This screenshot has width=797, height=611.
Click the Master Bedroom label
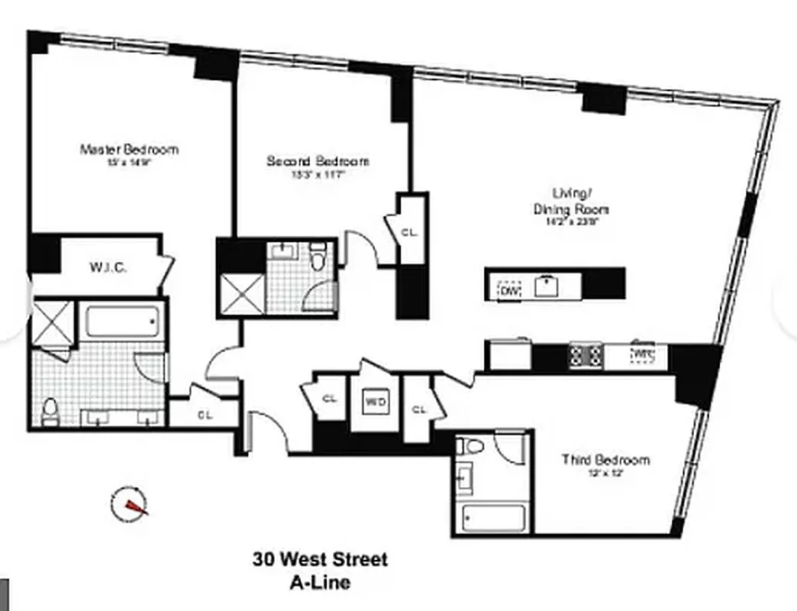click(x=129, y=149)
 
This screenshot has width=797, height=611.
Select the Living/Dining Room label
click(x=581, y=202)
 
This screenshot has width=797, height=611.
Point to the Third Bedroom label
click(x=605, y=459)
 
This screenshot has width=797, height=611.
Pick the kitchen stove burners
click(x=586, y=355)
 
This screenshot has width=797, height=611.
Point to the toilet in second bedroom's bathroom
click(x=319, y=257)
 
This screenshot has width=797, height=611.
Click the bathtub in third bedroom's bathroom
click(x=492, y=519)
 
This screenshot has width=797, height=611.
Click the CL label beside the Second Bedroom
click(x=410, y=233)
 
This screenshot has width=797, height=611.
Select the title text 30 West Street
click(x=320, y=559)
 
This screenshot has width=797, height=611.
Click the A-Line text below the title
click(x=320, y=583)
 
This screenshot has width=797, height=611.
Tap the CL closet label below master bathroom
click(x=204, y=415)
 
